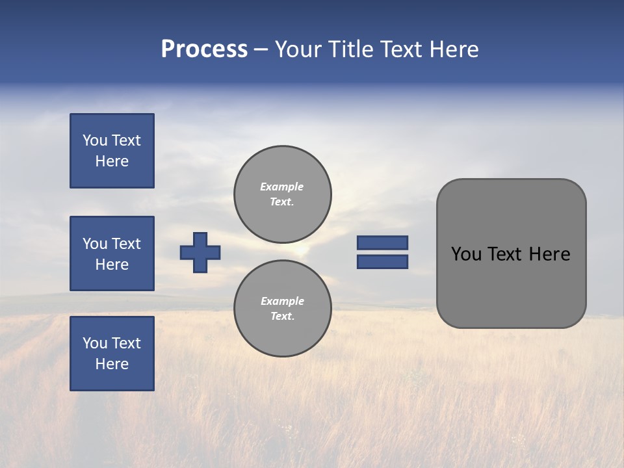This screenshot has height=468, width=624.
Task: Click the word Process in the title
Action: coord(204,49)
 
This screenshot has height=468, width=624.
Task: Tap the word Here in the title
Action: coord(452,49)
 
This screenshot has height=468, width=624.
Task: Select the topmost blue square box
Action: coord(112,151)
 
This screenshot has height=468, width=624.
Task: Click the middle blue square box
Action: coord(112,253)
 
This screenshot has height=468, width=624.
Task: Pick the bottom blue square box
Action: coord(112,354)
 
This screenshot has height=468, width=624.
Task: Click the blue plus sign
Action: coord(200,252)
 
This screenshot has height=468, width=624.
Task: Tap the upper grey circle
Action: coord(283,194)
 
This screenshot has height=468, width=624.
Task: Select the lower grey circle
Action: coord(283,309)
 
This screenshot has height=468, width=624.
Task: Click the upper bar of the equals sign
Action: coord(383,242)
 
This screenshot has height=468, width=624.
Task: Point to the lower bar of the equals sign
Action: coord(383,262)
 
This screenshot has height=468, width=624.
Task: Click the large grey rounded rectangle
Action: coord(511,286)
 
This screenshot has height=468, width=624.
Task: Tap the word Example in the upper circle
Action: coord(281,187)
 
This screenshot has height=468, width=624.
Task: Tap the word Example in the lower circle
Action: coord(282,301)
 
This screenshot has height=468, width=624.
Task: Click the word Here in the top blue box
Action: coord(112,161)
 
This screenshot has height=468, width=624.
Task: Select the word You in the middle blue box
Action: coord(94,244)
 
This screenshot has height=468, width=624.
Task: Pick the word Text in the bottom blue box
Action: coord(125,343)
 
